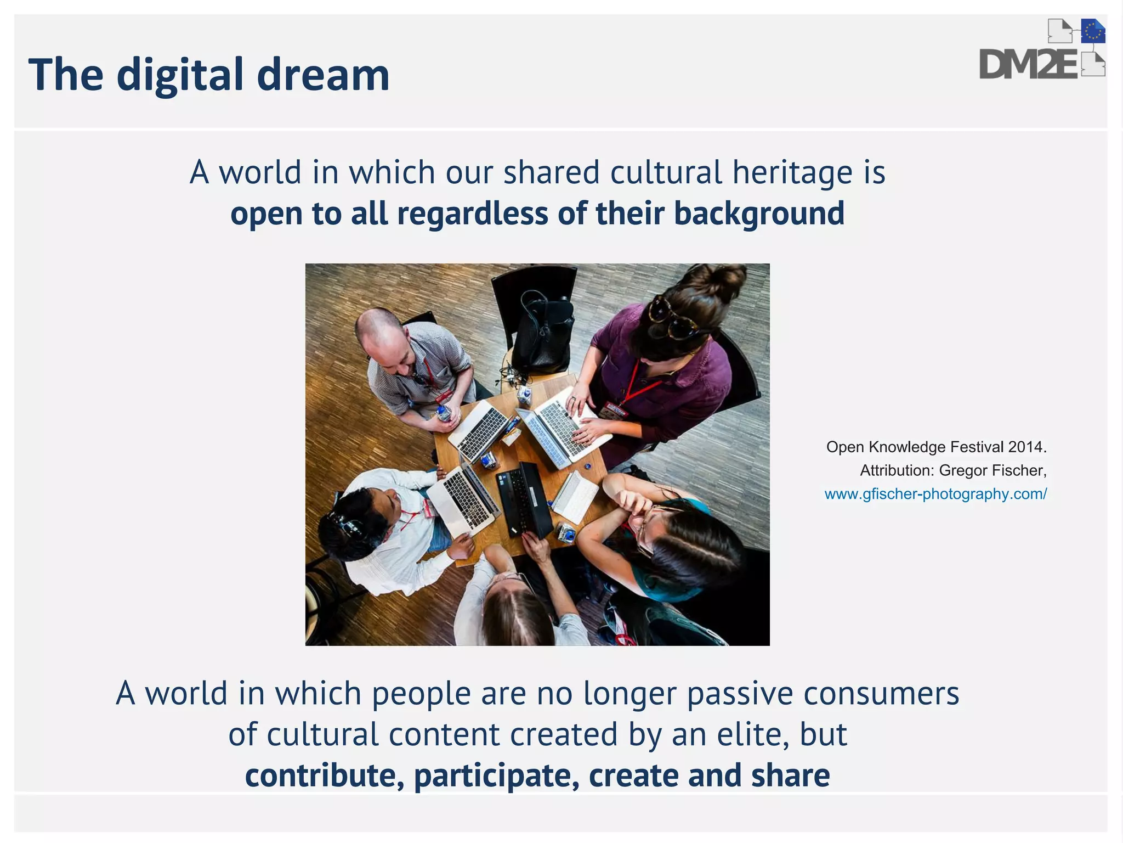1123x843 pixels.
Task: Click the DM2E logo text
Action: pyautogui.click(x=1029, y=65)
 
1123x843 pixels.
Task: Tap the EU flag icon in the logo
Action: pyautogui.click(x=1093, y=32)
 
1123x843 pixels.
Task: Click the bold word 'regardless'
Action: pyautogui.click(x=472, y=213)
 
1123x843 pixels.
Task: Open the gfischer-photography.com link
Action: pyautogui.click(x=935, y=494)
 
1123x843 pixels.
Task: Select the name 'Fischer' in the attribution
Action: pyautogui.click(x=1019, y=471)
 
